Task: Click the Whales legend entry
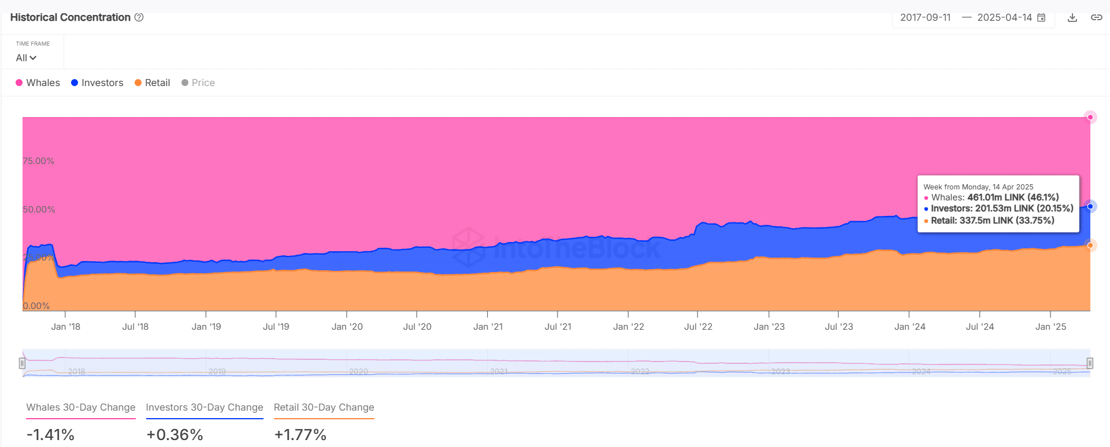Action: click(38, 83)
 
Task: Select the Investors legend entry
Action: click(97, 83)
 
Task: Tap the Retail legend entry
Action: click(152, 83)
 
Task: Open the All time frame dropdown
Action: click(26, 58)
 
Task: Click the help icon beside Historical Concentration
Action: click(139, 17)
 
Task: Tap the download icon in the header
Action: click(1072, 17)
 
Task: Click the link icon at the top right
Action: click(1096, 17)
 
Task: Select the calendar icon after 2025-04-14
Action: click(1041, 17)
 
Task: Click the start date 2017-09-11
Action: click(925, 17)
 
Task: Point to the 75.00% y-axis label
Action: click(39, 161)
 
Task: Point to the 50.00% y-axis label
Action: click(39, 209)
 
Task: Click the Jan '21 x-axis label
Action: click(488, 326)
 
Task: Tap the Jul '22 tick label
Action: click(698, 326)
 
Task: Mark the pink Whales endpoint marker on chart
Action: click(1090, 117)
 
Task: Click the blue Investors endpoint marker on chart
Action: click(1090, 206)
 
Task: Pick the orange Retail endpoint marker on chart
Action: click(1090, 245)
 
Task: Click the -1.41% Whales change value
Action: click(50, 434)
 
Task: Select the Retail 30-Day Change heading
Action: click(324, 407)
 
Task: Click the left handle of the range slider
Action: click(22, 363)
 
